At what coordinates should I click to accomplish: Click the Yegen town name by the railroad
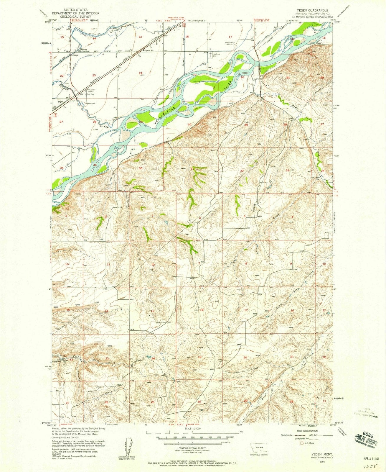60,101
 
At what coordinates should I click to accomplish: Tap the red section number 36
141,168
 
